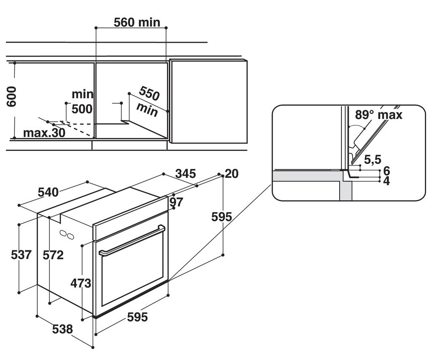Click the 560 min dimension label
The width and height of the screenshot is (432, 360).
[137, 22]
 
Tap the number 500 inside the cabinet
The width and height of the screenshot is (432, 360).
[82, 109]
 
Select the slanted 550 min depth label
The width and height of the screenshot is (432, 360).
[148, 102]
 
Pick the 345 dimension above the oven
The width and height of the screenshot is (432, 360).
[186, 174]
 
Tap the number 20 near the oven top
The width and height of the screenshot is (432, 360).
[232, 174]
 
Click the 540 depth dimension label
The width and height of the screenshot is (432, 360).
[48, 192]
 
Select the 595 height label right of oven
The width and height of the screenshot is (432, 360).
[222, 217]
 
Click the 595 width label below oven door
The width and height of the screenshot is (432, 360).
[138, 317]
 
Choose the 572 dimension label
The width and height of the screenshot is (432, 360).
[53, 255]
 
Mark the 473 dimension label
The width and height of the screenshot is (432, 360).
[81, 283]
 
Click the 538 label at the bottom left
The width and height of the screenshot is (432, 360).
[63, 329]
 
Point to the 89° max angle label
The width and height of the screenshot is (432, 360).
[379, 115]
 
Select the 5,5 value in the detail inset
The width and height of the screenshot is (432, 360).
[373, 160]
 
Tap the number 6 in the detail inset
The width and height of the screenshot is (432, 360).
[386, 171]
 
